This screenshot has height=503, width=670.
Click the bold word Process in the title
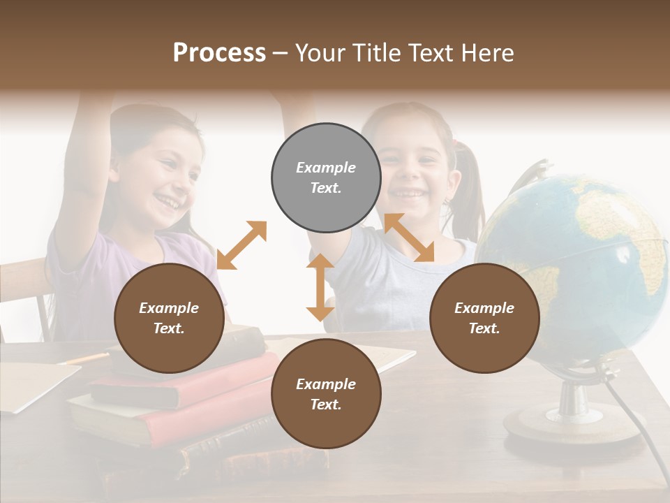point(219,53)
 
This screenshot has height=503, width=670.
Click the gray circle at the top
point(326,177)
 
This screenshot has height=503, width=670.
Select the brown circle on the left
point(170,318)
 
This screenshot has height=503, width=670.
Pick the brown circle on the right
point(484,318)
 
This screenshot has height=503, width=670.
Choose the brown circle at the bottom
point(326,394)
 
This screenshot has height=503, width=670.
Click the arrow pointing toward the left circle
point(241,245)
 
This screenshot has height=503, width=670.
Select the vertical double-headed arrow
point(320,288)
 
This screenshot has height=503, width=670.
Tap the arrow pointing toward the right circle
point(409,238)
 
